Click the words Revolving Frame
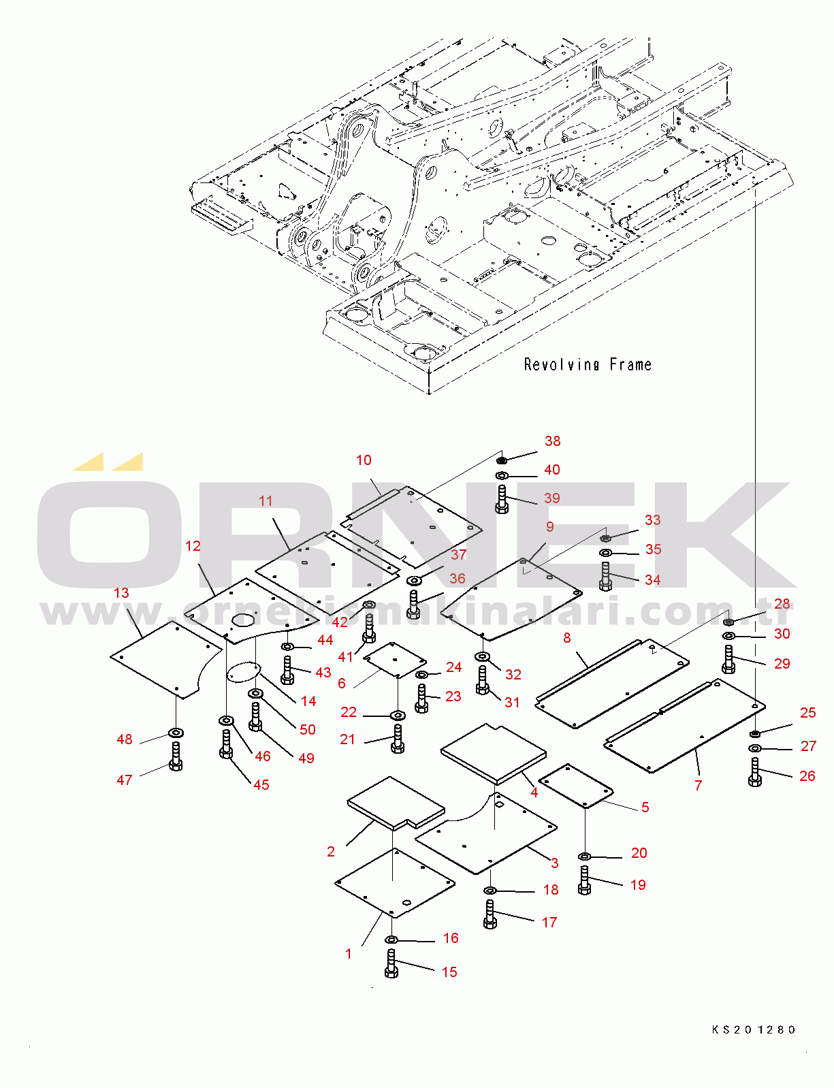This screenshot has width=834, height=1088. pyautogui.click(x=588, y=365)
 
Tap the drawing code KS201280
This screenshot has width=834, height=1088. pyautogui.click(x=754, y=1029)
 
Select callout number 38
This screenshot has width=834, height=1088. pyautogui.click(x=552, y=441)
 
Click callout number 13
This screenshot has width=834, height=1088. pyautogui.click(x=121, y=593)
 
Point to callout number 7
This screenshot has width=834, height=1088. pyautogui.click(x=698, y=785)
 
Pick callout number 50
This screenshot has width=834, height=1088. pyautogui.click(x=308, y=729)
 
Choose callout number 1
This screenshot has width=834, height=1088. pyautogui.click(x=349, y=954)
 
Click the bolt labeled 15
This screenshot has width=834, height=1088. pyautogui.click(x=391, y=964)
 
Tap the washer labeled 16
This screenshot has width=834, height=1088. pyautogui.click(x=391, y=940)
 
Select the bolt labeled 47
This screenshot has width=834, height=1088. pyautogui.click(x=176, y=756)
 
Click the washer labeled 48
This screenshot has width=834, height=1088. pyautogui.click(x=176, y=733)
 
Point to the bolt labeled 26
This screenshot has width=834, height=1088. pyautogui.click(x=754, y=772)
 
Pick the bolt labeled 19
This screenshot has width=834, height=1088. pyautogui.click(x=584, y=880)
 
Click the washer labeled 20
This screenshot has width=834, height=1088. pyautogui.click(x=584, y=856)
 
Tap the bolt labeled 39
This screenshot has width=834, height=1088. pyautogui.click(x=502, y=499)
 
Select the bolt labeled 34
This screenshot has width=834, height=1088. pyautogui.click(x=605, y=576)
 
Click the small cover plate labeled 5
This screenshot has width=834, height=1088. pyautogui.click(x=576, y=785)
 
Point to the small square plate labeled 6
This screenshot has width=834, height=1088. pyautogui.click(x=395, y=659)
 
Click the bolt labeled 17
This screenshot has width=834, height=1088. pyautogui.click(x=490, y=914)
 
